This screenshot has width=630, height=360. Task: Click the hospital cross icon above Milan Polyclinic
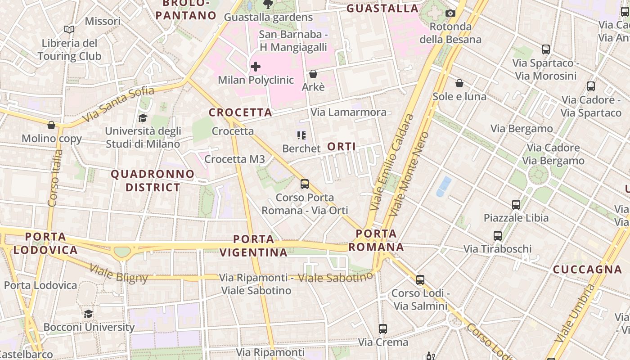tap(256, 67)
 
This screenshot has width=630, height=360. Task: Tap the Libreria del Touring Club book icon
tap(69, 30)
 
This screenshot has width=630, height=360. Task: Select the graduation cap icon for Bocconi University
tap(89, 314)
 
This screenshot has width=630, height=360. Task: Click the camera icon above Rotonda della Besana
tap(450, 13)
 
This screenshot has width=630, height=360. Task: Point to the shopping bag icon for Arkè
tap(313, 74)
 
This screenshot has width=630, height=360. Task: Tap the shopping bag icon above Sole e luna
tap(459, 83)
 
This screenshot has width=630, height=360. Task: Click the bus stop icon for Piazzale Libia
tap(516, 205)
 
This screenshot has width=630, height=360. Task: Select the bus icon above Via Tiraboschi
tap(498, 235)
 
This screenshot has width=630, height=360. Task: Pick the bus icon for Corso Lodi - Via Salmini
tap(420, 280)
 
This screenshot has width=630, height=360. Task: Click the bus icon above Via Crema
tap(383, 329)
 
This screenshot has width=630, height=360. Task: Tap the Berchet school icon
tap(301, 135)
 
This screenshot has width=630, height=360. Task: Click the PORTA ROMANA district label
tap(376, 240)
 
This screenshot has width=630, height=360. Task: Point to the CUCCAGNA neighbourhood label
tap(587, 270)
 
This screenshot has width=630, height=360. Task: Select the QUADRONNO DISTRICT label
tap(153, 180)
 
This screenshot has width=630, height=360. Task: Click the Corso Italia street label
tap(55, 178)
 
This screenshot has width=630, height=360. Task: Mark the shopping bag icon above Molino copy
tap(51, 125)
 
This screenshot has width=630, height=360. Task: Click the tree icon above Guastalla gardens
tap(268, 4)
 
